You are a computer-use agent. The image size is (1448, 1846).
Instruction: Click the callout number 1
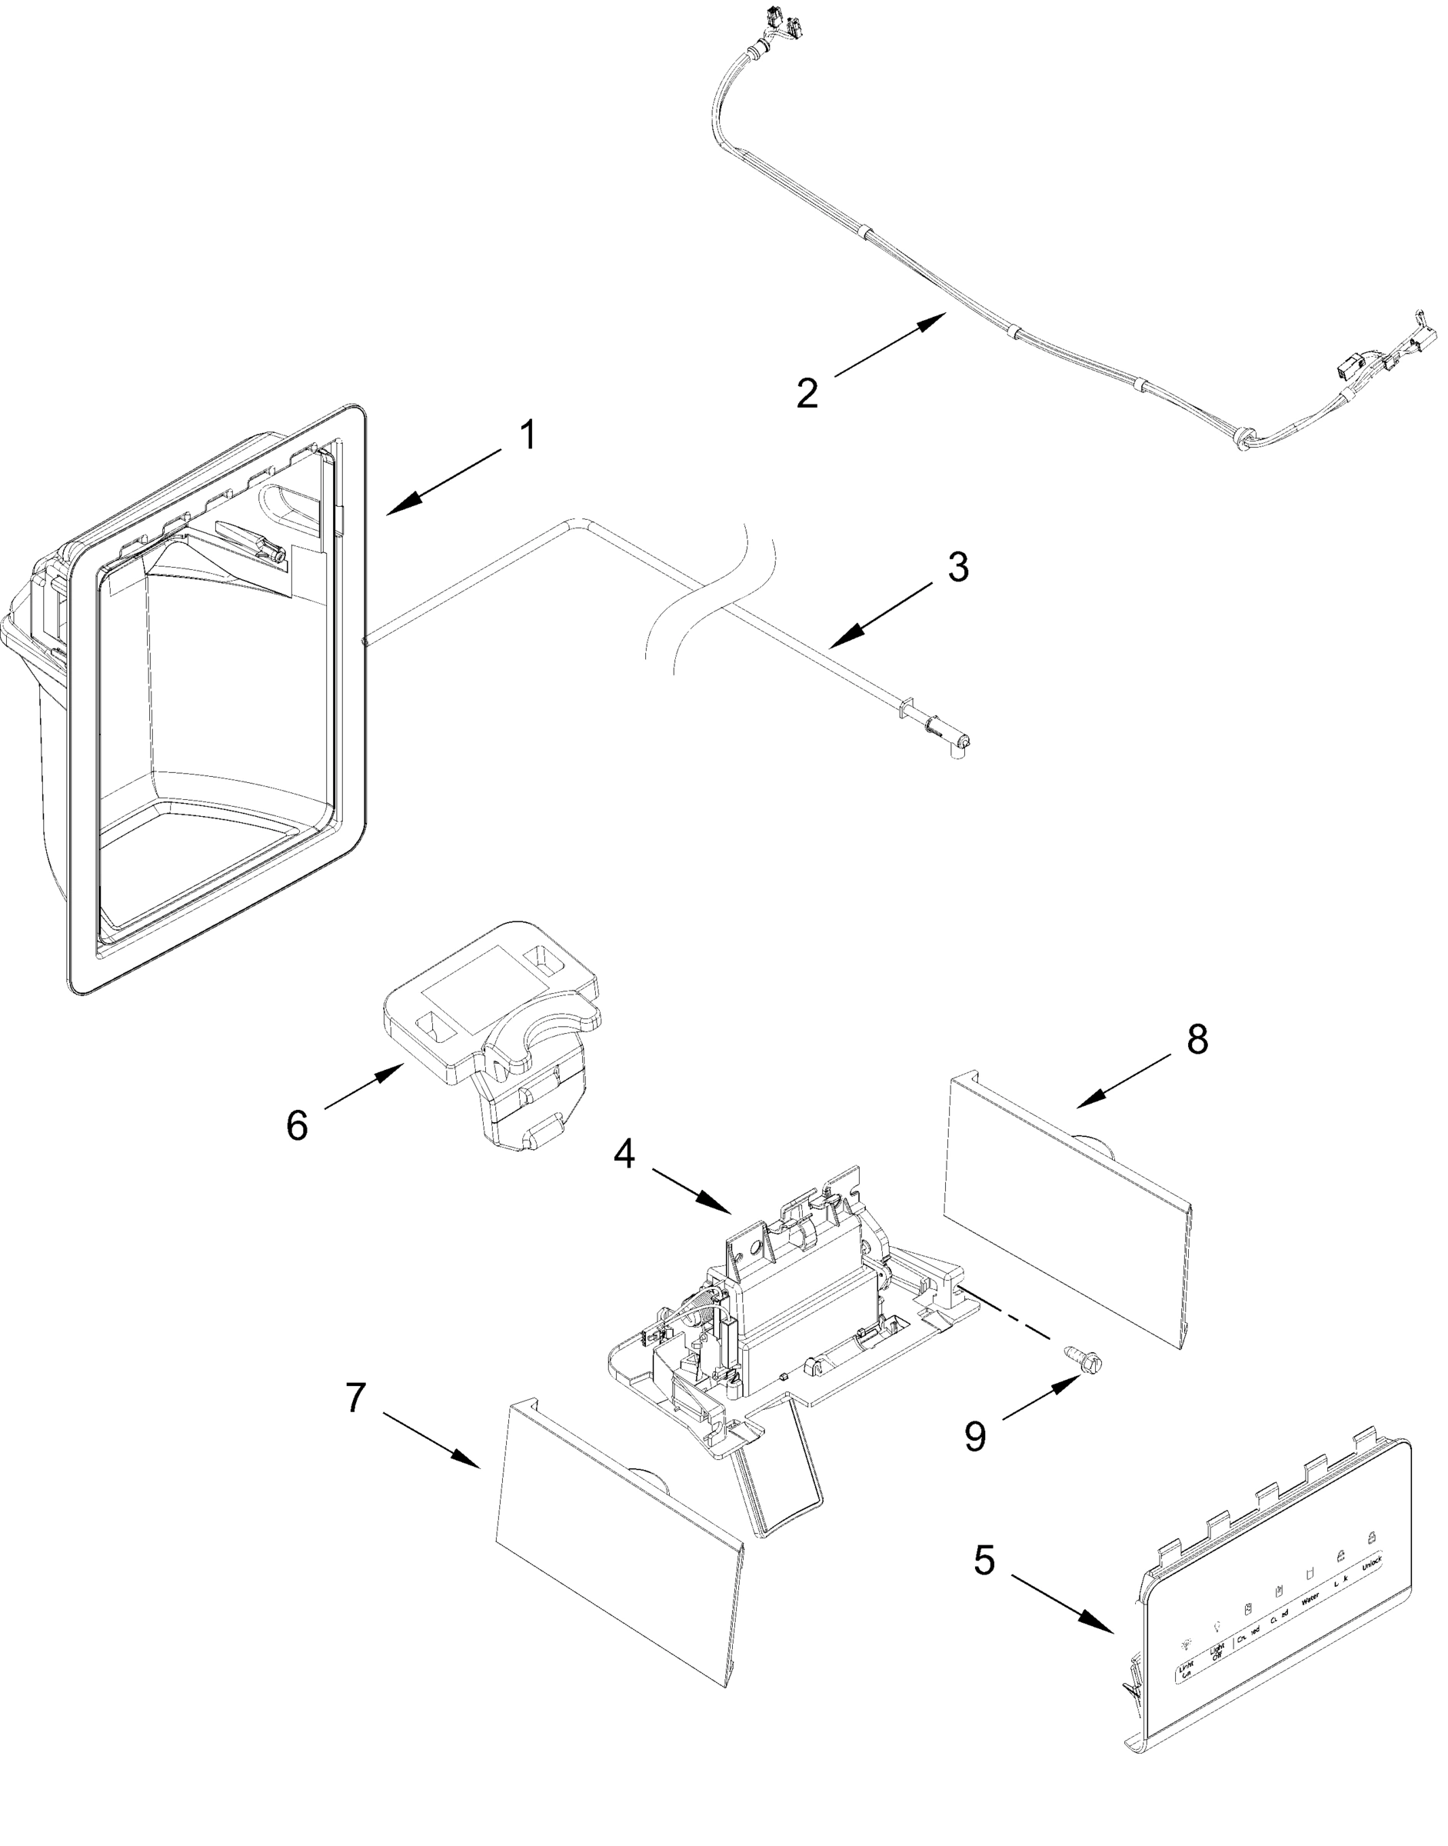528,437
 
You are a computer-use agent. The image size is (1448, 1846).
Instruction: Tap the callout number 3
958,568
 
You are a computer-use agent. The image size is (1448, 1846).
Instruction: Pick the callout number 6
297,1125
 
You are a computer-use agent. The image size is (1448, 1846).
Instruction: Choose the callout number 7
356,1398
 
